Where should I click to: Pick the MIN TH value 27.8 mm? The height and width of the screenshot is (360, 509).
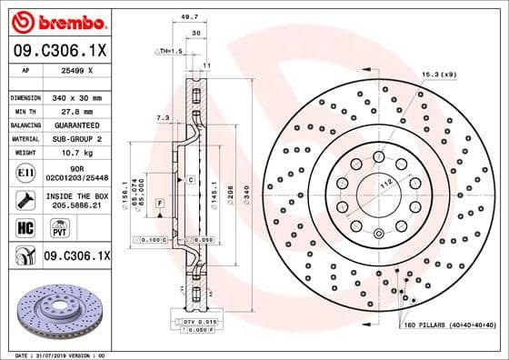click(80, 111)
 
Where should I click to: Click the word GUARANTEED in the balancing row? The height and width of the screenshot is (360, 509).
click(80, 125)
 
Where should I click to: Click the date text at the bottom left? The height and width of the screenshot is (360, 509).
click(56, 354)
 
